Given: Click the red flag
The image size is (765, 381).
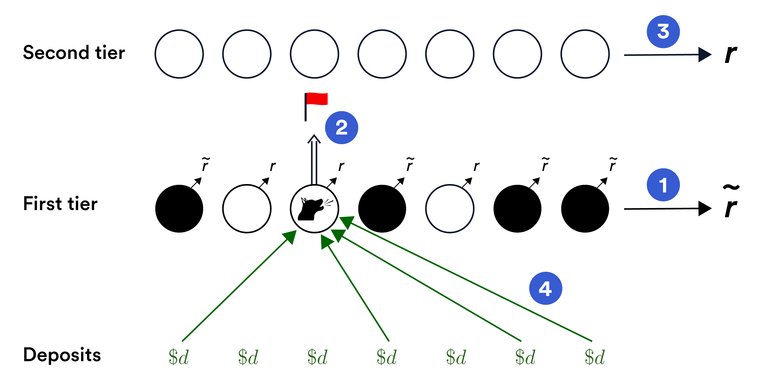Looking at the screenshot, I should pyautogui.click(x=316, y=99).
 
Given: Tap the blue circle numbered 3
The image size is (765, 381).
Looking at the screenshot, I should pyautogui.click(x=663, y=32).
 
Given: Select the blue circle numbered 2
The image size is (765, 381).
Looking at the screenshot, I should pyautogui.click(x=341, y=128).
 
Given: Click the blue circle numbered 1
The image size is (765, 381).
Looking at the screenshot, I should pyautogui.click(x=663, y=185).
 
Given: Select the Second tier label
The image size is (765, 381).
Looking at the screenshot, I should pyautogui.click(x=74, y=53).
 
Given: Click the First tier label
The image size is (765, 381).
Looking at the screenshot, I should pyautogui.click(x=60, y=204).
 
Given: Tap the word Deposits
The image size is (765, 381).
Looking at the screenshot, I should pyautogui.click(x=62, y=355).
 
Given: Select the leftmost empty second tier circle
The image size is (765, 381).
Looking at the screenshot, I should pyautogui.click(x=179, y=54).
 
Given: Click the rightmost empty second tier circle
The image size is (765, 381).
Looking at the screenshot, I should pyautogui.click(x=585, y=54).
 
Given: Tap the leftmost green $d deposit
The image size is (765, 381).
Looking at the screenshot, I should pyautogui.click(x=178, y=357).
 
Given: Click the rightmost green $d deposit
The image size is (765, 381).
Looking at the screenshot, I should pyautogui.click(x=595, y=357).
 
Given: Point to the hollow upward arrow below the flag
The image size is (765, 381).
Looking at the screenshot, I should pyautogui.click(x=314, y=160).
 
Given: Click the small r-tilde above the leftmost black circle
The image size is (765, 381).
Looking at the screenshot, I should pyautogui.click(x=205, y=164).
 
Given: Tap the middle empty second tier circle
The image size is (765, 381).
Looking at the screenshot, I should pyautogui.click(x=382, y=54).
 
